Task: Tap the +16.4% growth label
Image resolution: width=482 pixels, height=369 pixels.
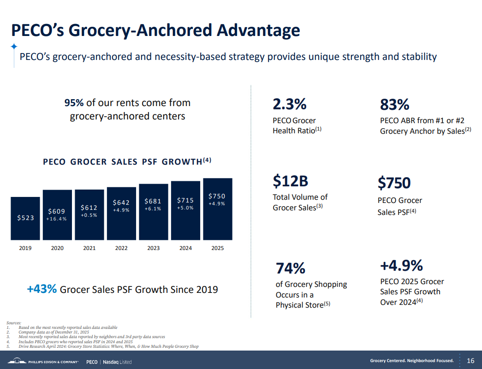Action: (57, 219)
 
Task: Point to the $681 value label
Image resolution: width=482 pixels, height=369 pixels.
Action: (153, 201)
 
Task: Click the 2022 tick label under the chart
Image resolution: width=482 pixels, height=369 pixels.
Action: (121, 248)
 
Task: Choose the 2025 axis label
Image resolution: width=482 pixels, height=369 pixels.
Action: (217, 248)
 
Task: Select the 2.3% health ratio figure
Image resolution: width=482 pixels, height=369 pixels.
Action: (290, 104)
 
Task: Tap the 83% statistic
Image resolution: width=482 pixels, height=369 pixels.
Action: (394, 105)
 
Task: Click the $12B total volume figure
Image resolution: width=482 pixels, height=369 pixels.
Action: (290, 182)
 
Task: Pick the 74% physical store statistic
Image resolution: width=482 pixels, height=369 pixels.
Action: (291, 268)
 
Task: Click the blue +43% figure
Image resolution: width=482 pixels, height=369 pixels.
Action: (42, 289)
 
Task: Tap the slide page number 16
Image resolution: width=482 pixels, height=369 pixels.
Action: (470, 360)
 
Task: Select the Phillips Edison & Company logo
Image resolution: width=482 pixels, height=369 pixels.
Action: (44, 361)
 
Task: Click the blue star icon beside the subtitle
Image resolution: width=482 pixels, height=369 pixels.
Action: (14, 47)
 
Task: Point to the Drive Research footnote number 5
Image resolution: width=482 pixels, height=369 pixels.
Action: (8, 346)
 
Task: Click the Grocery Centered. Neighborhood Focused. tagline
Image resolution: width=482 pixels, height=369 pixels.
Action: (412, 361)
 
